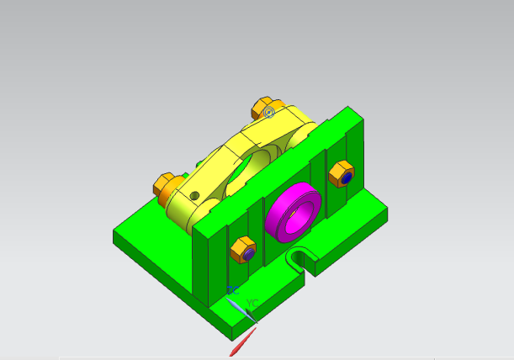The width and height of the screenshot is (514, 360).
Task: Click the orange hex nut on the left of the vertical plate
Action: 242,250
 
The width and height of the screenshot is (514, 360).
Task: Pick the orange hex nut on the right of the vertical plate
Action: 341,173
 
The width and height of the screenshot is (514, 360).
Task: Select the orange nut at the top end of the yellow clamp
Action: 260,109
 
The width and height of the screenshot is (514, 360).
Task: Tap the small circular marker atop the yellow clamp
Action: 268,112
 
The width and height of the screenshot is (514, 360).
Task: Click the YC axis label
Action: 252,303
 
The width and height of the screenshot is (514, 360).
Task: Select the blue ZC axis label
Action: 231,290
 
